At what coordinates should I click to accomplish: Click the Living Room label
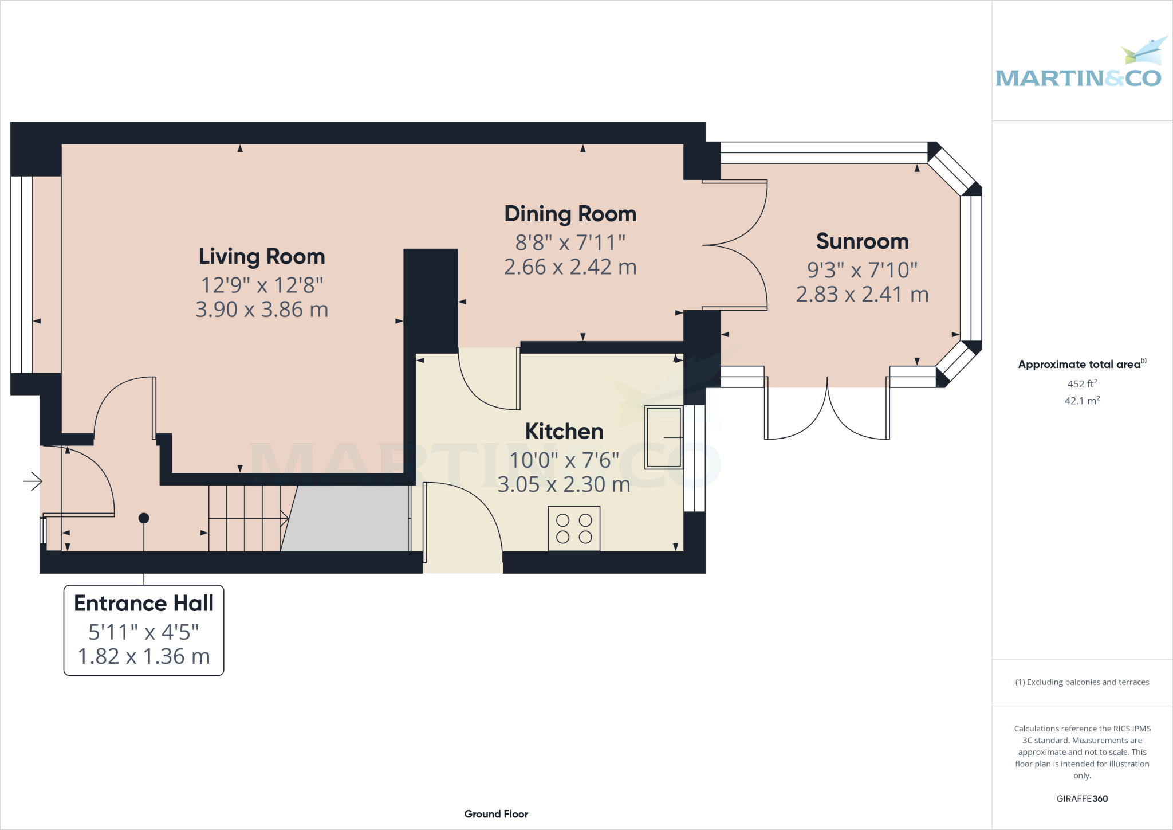(x=262, y=256)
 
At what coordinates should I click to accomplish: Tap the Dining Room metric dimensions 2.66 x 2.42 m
(x=570, y=267)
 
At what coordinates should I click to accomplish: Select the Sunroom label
(x=862, y=241)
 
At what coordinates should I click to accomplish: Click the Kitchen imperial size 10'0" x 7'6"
(x=564, y=460)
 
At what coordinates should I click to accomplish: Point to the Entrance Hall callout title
(x=144, y=603)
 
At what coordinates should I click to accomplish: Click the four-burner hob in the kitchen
(x=574, y=528)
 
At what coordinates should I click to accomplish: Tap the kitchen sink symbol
(x=664, y=437)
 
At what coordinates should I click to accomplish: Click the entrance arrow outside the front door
(x=33, y=481)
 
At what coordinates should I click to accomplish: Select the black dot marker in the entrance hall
(x=144, y=518)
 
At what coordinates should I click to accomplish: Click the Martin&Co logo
(x=1079, y=66)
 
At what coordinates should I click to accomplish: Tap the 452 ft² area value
(x=1082, y=383)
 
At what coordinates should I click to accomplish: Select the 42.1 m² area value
(x=1082, y=401)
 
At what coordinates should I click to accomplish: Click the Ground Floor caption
(x=496, y=814)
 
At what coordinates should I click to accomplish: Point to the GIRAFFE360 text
(x=1082, y=798)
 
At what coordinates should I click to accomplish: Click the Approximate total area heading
(x=1081, y=364)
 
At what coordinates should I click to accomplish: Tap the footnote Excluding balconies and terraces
(x=1082, y=682)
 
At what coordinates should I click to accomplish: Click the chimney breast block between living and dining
(x=431, y=298)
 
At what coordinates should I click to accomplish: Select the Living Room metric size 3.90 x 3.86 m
(x=262, y=310)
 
